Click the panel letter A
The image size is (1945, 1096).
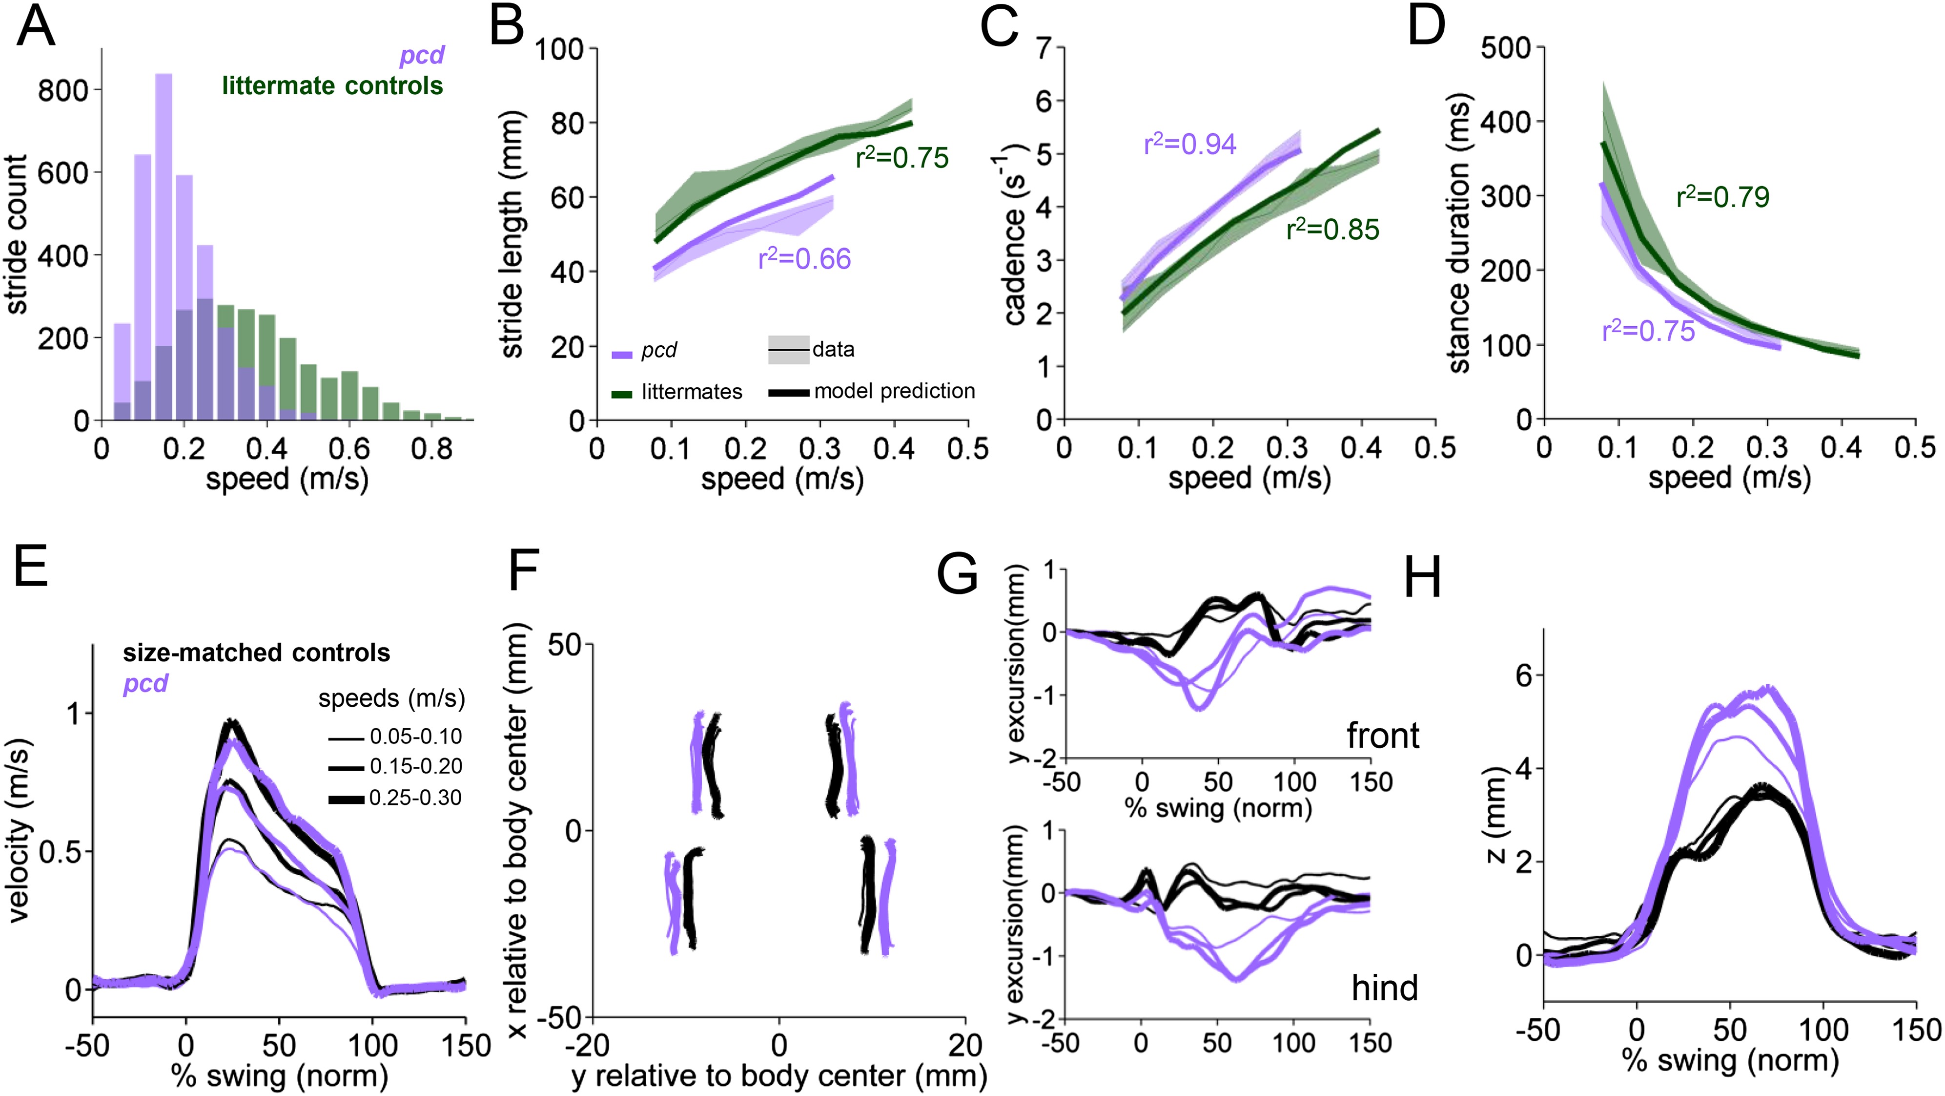pos(36,27)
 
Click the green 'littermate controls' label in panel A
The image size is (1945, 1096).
pos(332,85)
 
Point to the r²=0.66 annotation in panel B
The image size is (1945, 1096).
pos(804,259)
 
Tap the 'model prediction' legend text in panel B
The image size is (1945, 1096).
pos(895,391)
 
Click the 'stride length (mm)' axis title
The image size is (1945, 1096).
pos(512,234)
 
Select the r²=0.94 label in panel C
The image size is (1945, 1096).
pos(1190,144)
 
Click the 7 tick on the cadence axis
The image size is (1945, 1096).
pos(1044,48)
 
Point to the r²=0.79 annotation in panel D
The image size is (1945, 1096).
pos(1722,197)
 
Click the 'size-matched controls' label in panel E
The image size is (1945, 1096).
pos(257,653)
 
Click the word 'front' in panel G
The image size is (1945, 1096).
pos(1383,735)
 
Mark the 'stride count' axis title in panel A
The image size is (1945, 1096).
pos(17,234)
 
